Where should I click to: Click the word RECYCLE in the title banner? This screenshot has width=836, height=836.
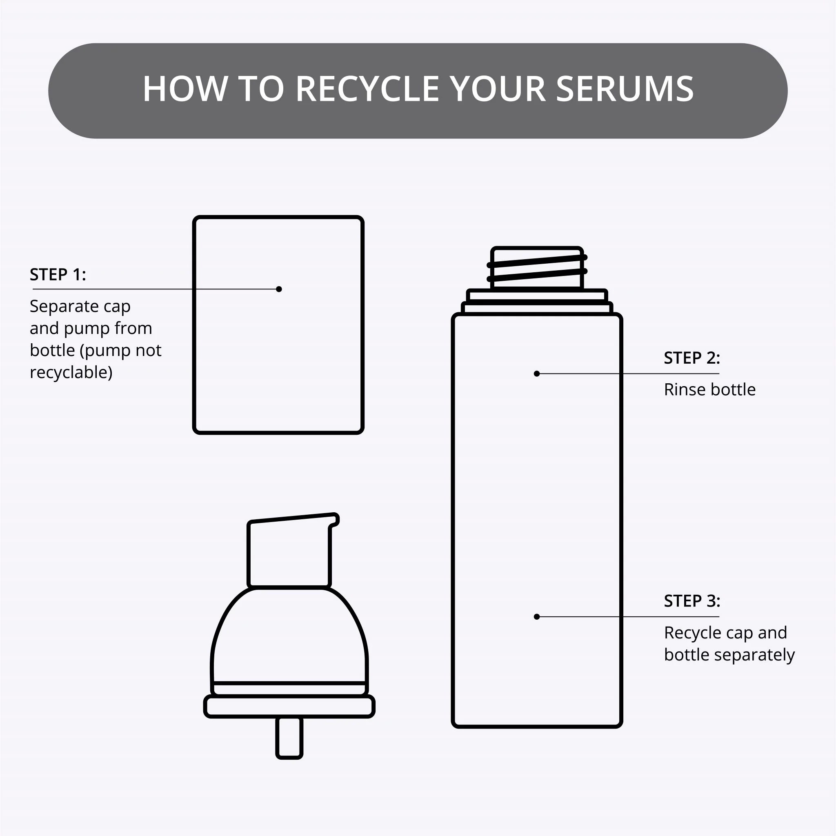367,89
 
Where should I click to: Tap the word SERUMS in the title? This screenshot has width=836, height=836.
625,89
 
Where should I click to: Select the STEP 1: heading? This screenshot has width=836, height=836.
58,274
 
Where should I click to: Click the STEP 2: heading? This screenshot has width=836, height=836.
692,358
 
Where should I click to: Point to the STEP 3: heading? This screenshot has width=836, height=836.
692,601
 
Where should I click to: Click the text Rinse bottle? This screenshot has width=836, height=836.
709,389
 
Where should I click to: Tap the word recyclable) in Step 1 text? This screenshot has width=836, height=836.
71,372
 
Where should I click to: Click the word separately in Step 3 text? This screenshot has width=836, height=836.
754,655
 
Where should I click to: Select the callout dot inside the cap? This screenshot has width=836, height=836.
279,289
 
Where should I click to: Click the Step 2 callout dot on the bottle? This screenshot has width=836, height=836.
536,374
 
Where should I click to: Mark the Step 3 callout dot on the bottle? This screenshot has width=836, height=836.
536,617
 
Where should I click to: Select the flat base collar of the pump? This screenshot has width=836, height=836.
289,706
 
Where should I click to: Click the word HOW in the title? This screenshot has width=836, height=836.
185,89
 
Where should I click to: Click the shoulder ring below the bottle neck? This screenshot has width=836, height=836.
537,301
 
